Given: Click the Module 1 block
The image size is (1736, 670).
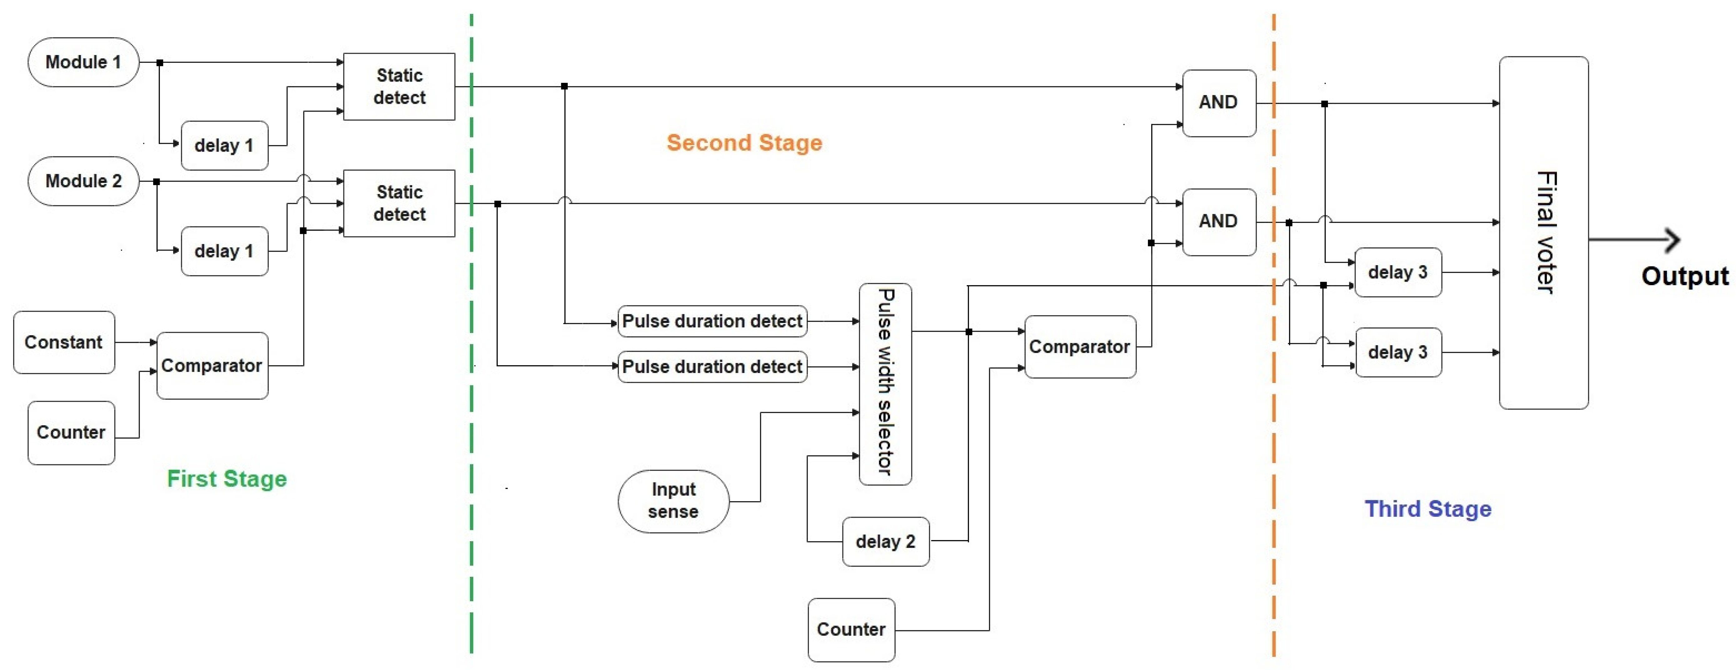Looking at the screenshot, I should [83, 62].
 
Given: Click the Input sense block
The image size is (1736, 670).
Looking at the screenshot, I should [673, 501].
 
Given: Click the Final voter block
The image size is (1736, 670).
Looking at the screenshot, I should [1543, 233].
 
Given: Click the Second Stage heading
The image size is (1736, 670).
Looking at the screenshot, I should [744, 143].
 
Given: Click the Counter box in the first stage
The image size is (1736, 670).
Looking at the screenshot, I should [71, 432].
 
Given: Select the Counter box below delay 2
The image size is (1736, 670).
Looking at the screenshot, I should [851, 629].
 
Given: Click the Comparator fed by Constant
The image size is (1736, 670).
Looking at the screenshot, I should [212, 365].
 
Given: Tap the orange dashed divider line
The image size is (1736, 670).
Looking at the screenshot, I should [1274, 438].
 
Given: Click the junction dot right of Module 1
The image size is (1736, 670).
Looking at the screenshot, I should [160, 63].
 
